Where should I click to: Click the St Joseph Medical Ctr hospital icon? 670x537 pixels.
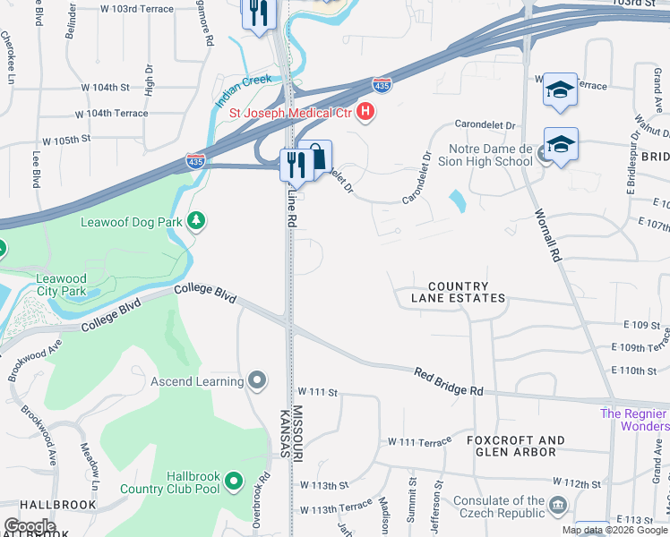[365, 112]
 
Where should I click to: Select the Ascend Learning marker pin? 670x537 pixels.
[257, 382]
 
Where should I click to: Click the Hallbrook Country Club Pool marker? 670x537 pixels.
[234, 482]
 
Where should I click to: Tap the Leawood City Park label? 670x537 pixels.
[62, 285]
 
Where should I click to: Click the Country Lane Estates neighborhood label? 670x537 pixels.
[458, 292]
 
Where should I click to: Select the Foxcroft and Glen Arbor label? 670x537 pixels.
[515, 446]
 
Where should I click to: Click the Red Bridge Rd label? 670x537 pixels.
[449, 380]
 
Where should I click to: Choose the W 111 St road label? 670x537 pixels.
[317, 392]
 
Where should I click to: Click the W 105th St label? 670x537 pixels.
[66, 141]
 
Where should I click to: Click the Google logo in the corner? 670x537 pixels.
[30, 526]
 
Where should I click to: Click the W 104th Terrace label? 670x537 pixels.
[111, 114]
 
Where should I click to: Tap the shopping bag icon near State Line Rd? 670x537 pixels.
[317, 154]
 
